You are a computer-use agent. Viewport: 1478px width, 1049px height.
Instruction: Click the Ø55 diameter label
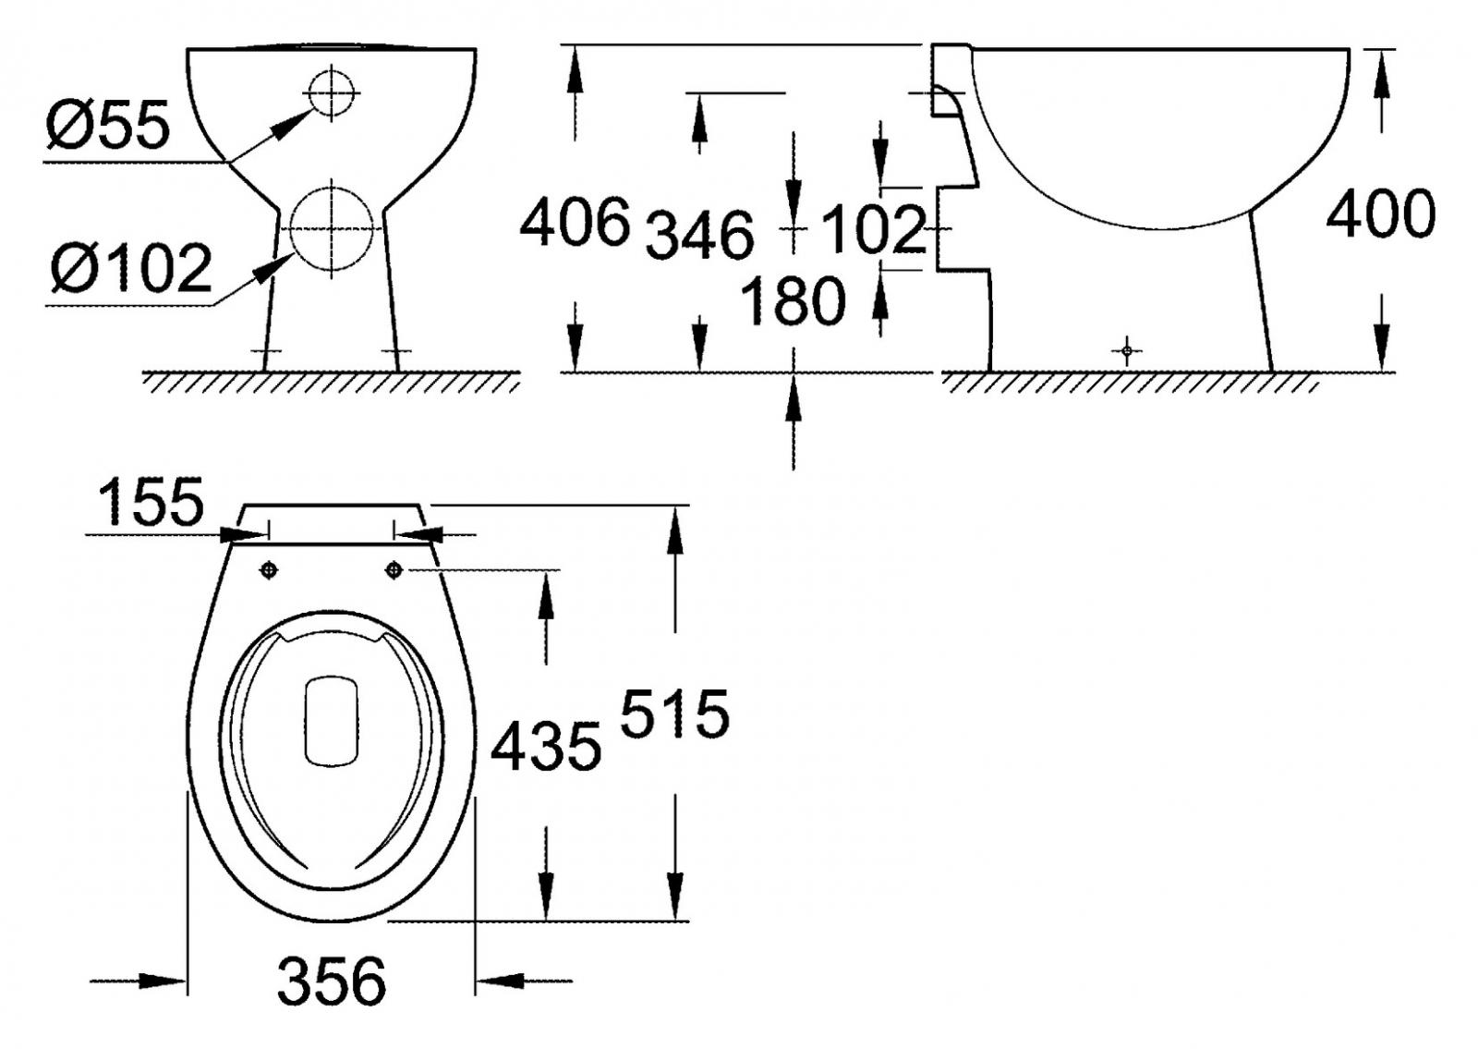108,126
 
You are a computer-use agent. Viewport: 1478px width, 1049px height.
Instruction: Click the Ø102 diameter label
132,268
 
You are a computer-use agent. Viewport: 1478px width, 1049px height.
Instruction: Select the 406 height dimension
575,223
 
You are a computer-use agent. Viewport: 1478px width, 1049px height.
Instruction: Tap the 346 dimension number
699,235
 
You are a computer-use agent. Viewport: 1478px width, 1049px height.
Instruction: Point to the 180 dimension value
793,301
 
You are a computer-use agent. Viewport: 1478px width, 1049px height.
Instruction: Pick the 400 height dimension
1380,214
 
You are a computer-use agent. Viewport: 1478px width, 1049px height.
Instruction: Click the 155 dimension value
151,503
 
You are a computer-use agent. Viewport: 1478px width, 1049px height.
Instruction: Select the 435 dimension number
546,747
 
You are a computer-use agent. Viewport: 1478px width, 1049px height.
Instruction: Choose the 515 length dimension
674,714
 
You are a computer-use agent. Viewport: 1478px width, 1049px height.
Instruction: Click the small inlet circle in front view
331,93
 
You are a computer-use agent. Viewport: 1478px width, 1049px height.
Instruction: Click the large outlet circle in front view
331,228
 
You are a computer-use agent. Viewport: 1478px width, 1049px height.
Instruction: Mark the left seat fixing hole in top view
269,570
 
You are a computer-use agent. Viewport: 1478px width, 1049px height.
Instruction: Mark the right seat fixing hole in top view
394,570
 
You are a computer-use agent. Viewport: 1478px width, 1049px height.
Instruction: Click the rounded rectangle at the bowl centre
331,721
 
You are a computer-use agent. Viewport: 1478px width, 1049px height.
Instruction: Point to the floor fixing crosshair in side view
1126,351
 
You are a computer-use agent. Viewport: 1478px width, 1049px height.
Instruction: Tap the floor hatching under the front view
331,383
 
